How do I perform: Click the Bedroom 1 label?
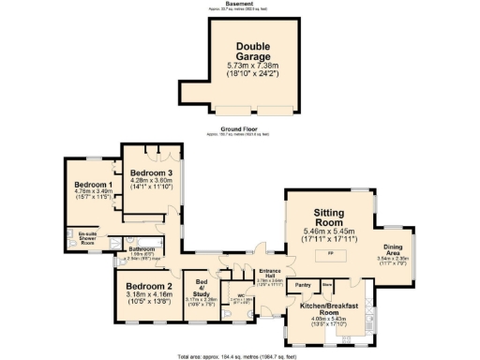[94, 185]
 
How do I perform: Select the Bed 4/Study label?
[201, 285]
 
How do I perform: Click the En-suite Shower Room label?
[88, 236]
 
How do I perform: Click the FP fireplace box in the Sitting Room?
[329, 254]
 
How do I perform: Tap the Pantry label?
[303, 284]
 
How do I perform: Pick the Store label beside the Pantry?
[327, 283]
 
